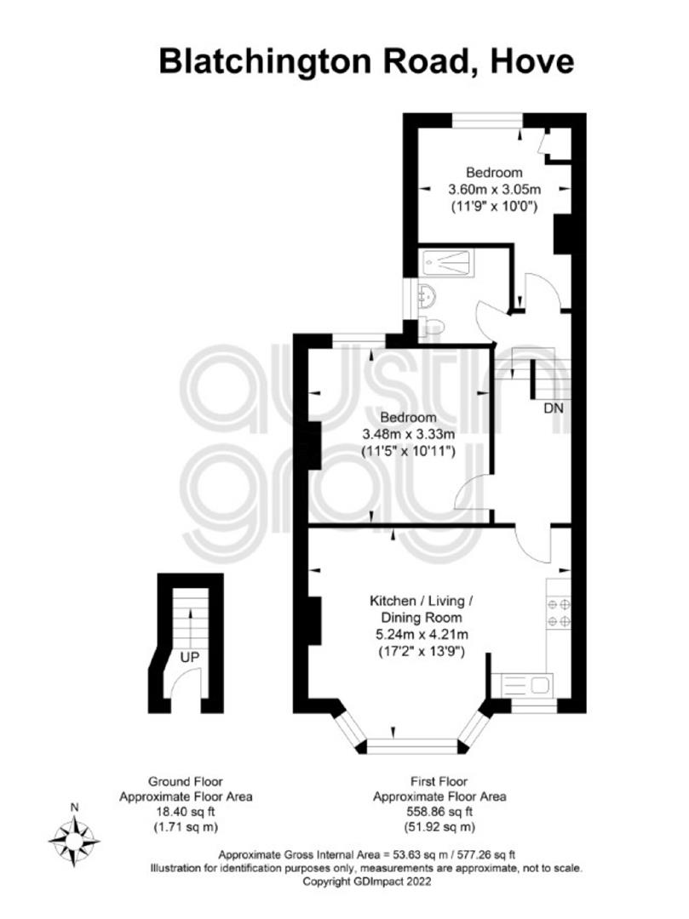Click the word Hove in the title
[531, 61]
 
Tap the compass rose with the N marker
[74, 840]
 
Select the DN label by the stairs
[554, 408]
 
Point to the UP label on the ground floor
[189, 658]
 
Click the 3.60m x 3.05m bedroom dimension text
[494, 189]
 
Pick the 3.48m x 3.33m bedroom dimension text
[409, 434]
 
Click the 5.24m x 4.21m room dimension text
[422, 634]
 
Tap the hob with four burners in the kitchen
[558, 612]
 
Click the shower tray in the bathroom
[445, 263]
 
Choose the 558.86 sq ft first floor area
[439, 812]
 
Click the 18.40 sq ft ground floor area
[186, 812]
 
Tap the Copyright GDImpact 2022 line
[366, 881]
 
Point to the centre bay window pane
[412, 745]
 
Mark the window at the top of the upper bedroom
[487, 120]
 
